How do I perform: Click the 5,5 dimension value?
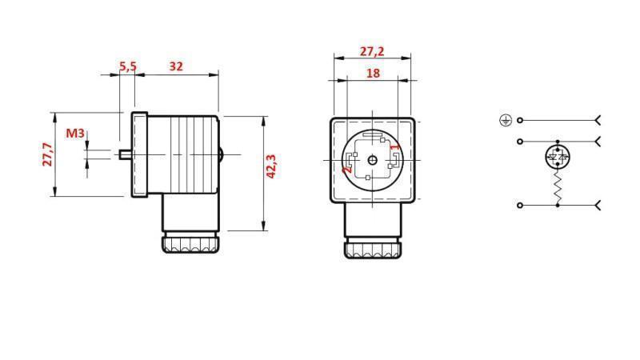coord(127,66)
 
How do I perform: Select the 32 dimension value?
coord(176,66)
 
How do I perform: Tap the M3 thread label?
coord(74,133)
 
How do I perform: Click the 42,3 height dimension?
coord(271,166)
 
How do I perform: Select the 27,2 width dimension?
coord(371,51)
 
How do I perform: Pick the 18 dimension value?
coord(373,73)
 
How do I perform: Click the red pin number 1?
coord(394,146)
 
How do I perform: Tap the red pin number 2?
coord(346,169)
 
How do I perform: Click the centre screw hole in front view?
coord(373,160)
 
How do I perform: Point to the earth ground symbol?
coord(505,120)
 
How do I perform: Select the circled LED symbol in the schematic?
coord(558,157)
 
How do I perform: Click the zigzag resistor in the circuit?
coord(558,188)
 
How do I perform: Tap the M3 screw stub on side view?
coord(124,154)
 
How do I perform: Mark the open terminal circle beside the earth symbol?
coord(520,120)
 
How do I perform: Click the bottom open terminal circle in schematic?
coord(520,206)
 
